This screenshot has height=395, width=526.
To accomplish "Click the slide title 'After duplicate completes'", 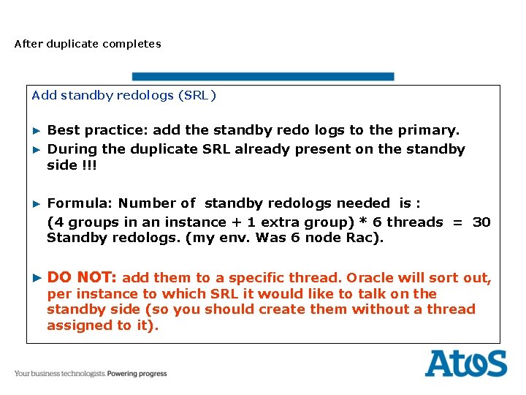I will (x=88, y=44).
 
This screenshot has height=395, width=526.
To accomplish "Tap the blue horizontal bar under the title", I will (x=263, y=76).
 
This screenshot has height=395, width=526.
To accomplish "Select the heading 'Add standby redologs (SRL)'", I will (x=124, y=95).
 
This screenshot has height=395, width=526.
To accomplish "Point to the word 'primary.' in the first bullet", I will (x=429, y=130).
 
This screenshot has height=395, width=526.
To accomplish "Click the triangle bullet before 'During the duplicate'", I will (x=37, y=149).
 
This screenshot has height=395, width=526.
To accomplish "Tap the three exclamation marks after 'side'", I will (x=88, y=165).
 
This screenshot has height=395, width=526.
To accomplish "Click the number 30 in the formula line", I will (x=481, y=222).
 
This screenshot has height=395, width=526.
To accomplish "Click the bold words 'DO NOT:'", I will (x=82, y=277).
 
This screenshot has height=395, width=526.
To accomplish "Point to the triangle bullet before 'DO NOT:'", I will (x=37, y=278).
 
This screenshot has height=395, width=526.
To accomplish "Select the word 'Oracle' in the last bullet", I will (x=369, y=278).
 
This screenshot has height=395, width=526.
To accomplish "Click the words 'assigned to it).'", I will (x=102, y=326).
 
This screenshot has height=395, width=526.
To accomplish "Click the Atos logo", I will (x=465, y=364).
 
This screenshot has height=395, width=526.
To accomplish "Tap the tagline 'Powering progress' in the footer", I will (x=137, y=374).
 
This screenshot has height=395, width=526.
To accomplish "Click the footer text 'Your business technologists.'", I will (x=60, y=374).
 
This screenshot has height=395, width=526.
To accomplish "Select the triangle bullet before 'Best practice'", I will (x=37, y=130).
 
